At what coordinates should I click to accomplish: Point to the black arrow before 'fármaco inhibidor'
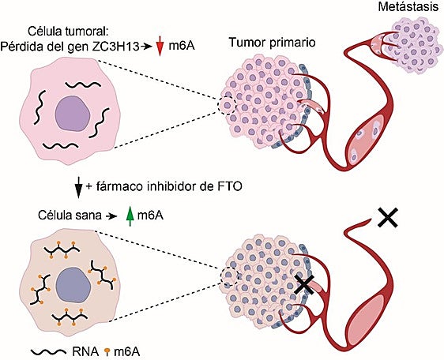pyautogui.click(x=77, y=187)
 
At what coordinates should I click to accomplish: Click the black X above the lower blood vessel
pyautogui.click(x=387, y=216)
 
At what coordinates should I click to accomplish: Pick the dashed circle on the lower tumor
pyautogui.click(x=230, y=276)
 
